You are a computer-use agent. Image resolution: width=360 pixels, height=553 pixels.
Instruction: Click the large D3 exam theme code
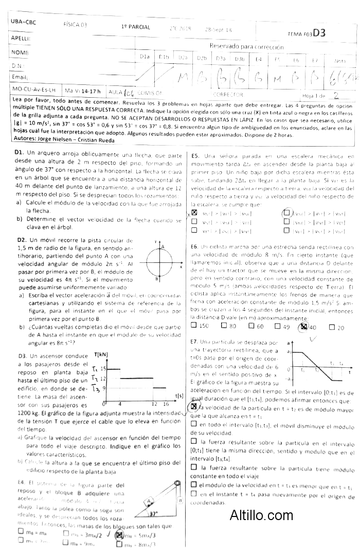pos(319,32)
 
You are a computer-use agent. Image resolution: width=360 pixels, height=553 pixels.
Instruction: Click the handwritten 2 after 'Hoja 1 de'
pos(335,95)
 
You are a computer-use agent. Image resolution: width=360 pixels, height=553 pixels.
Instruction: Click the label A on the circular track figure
pos(163,247)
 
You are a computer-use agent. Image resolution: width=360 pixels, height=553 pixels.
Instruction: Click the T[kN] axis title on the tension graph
pos(101,340)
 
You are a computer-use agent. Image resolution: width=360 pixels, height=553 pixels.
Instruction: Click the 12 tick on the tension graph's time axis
pos(154,403)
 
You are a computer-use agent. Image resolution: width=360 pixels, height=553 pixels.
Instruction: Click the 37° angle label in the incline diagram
pos(153,513)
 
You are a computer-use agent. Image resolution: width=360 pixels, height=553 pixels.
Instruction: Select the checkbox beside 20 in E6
pos(331,327)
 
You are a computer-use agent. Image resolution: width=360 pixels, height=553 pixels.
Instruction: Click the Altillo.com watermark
pos(262,515)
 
